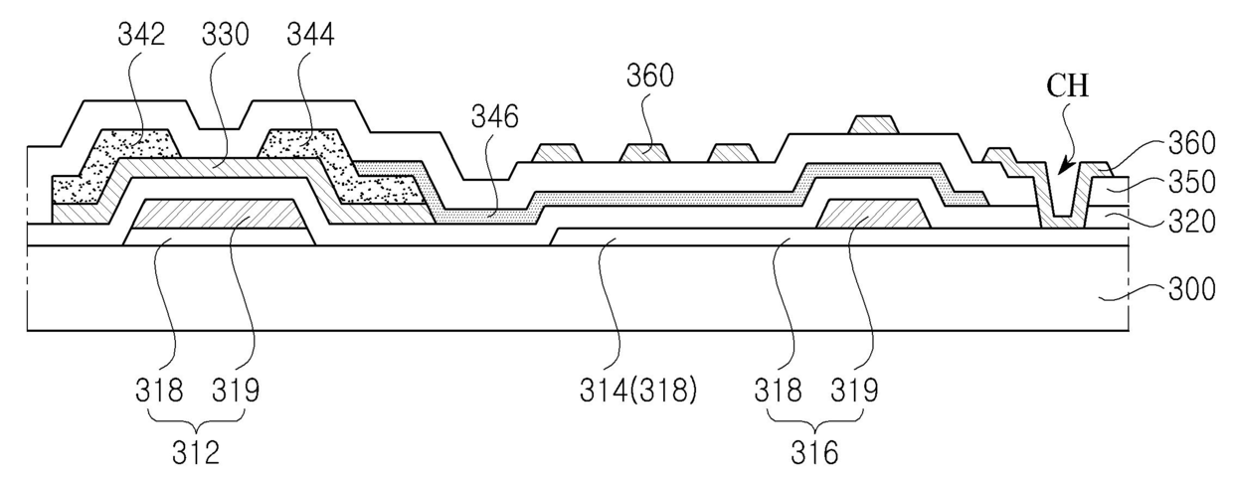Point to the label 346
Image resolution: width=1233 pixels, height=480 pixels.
pyautogui.click(x=495, y=118)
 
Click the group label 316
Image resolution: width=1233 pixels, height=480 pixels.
pyautogui.click(x=816, y=454)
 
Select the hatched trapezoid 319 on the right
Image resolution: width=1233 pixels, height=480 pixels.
pyautogui.click(x=872, y=213)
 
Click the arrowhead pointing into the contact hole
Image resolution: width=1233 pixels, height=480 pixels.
pyautogui.click(x=1058, y=169)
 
